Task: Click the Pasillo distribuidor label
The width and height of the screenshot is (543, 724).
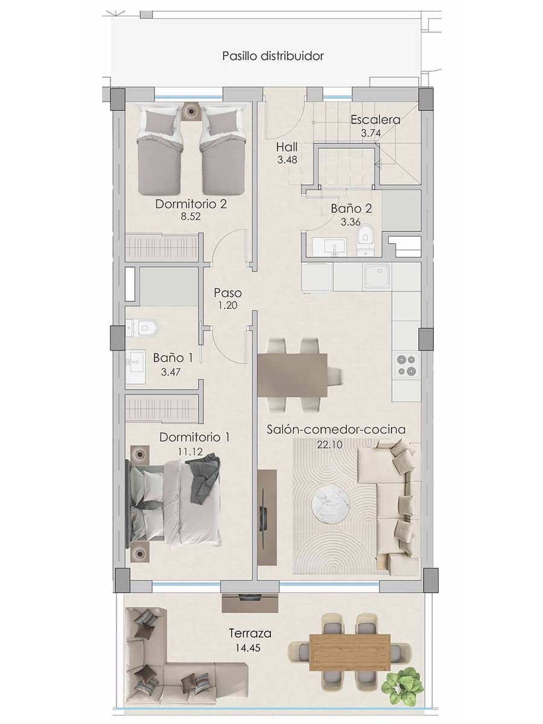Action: tap(273, 56)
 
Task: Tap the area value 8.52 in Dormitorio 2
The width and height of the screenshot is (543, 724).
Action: tap(191, 217)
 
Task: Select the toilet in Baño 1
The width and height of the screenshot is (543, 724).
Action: tap(142, 328)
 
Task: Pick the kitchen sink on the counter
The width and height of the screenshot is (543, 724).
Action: tap(376, 276)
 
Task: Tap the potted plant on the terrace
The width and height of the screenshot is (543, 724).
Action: tap(403, 685)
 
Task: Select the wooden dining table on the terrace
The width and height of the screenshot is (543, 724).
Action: tap(349, 652)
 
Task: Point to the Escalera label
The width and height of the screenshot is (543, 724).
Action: tap(375, 119)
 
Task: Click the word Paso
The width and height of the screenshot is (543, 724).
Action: tap(226, 293)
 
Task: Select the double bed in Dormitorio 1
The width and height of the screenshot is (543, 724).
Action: tap(175, 502)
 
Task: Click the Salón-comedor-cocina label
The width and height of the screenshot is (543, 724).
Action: tap(336, 430)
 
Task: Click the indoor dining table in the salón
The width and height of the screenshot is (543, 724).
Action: tap(293, 375)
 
